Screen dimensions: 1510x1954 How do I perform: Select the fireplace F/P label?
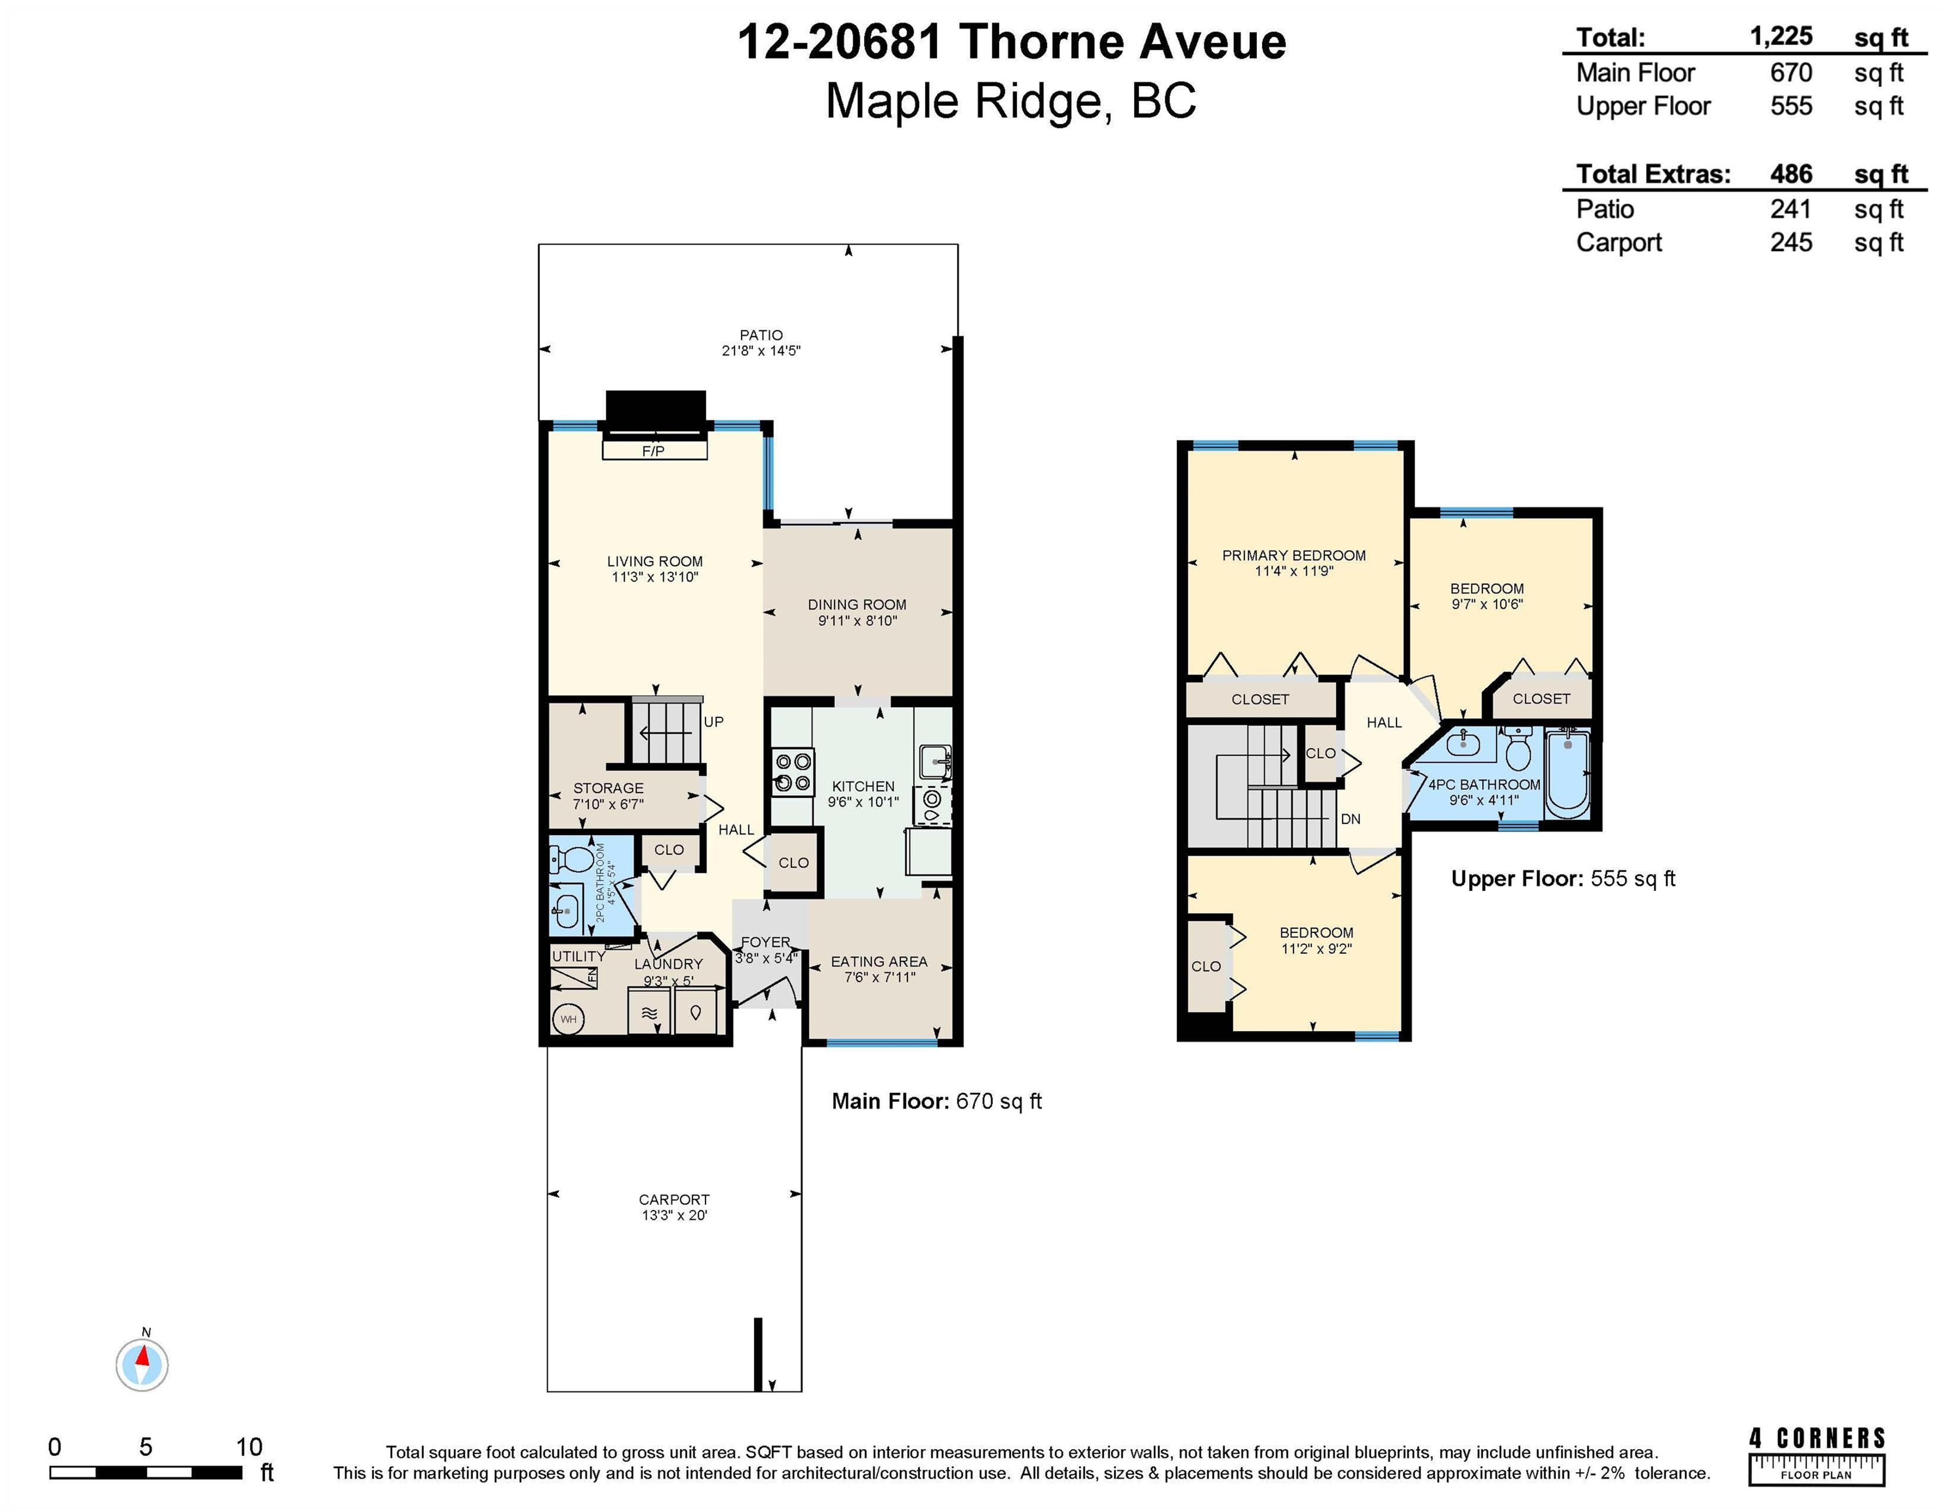pos(653,451)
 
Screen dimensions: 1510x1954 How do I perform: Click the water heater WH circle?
pos(568,1019)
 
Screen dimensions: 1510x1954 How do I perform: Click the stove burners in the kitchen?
pos(793,772)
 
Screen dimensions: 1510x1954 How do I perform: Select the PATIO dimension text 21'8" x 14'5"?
pos(761,351)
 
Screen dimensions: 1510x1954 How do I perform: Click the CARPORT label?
pos(674,1200)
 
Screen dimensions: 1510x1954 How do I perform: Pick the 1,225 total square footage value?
pos(1780,37)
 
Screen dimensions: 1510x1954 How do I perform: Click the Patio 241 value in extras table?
pos(1790,209)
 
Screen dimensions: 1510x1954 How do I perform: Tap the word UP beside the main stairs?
pos(713,722)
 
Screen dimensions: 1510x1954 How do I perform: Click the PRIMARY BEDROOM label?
pos(1294,556)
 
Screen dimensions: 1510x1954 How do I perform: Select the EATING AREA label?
pos(879,962)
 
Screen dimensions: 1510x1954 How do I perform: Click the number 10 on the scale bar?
pos(249,1446)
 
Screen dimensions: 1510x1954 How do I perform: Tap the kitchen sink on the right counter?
pos(934,761)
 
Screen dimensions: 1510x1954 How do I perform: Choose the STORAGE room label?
pos(609,788)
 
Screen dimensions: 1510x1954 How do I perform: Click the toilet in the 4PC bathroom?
pos(1518,749)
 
